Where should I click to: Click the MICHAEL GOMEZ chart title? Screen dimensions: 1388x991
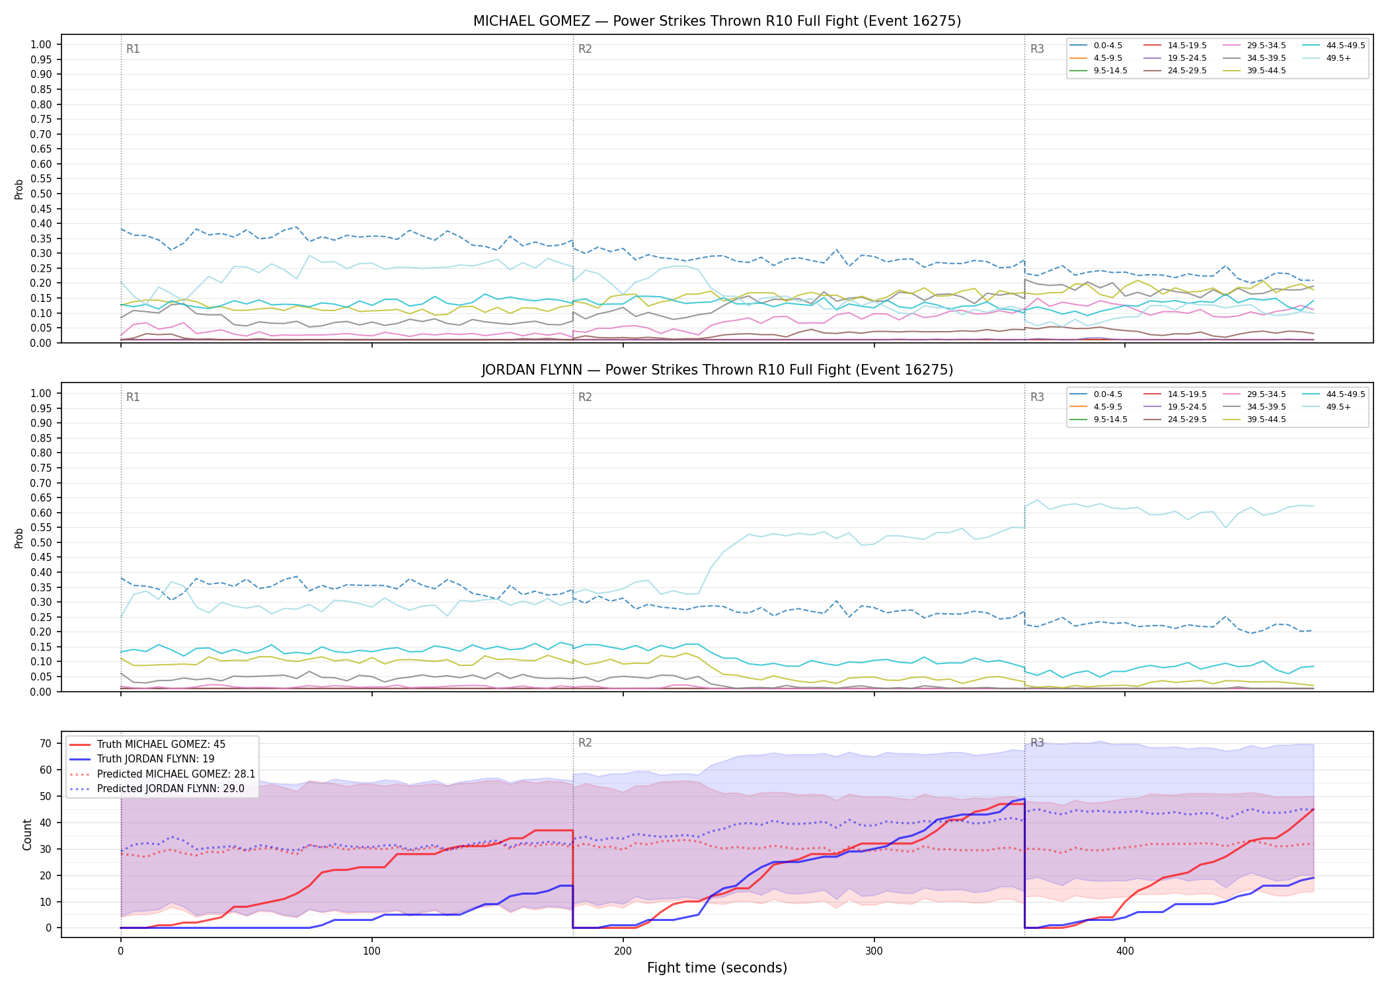(x=717, y=21)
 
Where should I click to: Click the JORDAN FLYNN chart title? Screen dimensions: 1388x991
(x=717, y=370)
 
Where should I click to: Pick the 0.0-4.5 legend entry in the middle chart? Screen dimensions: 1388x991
(x=1097, y=394)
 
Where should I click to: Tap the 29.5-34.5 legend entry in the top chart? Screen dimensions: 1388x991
(x=1255, y=46)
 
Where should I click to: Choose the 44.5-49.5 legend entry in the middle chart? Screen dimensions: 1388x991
(x=1334, y=394)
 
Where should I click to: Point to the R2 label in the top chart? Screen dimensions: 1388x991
(x=585, y=49)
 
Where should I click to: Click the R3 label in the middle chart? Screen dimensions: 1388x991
(x=1037, y=397)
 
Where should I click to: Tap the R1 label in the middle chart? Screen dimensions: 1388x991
(x=133, y=397)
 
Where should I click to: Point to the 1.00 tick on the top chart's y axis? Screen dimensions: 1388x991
(x=41, y=45)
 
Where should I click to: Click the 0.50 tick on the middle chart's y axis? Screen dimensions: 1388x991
(x=41, y=542)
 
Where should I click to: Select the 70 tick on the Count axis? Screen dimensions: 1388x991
(x=46, y=743)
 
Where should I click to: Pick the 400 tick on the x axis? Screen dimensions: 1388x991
(x=1125, y=951)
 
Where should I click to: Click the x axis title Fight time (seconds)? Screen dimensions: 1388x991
(x=717, y=968)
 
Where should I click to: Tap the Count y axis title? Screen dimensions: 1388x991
(x=27, y=834)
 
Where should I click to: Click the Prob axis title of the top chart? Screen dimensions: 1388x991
(x=19, y=189)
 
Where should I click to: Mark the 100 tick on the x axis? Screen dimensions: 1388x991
(x=371, y=951)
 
